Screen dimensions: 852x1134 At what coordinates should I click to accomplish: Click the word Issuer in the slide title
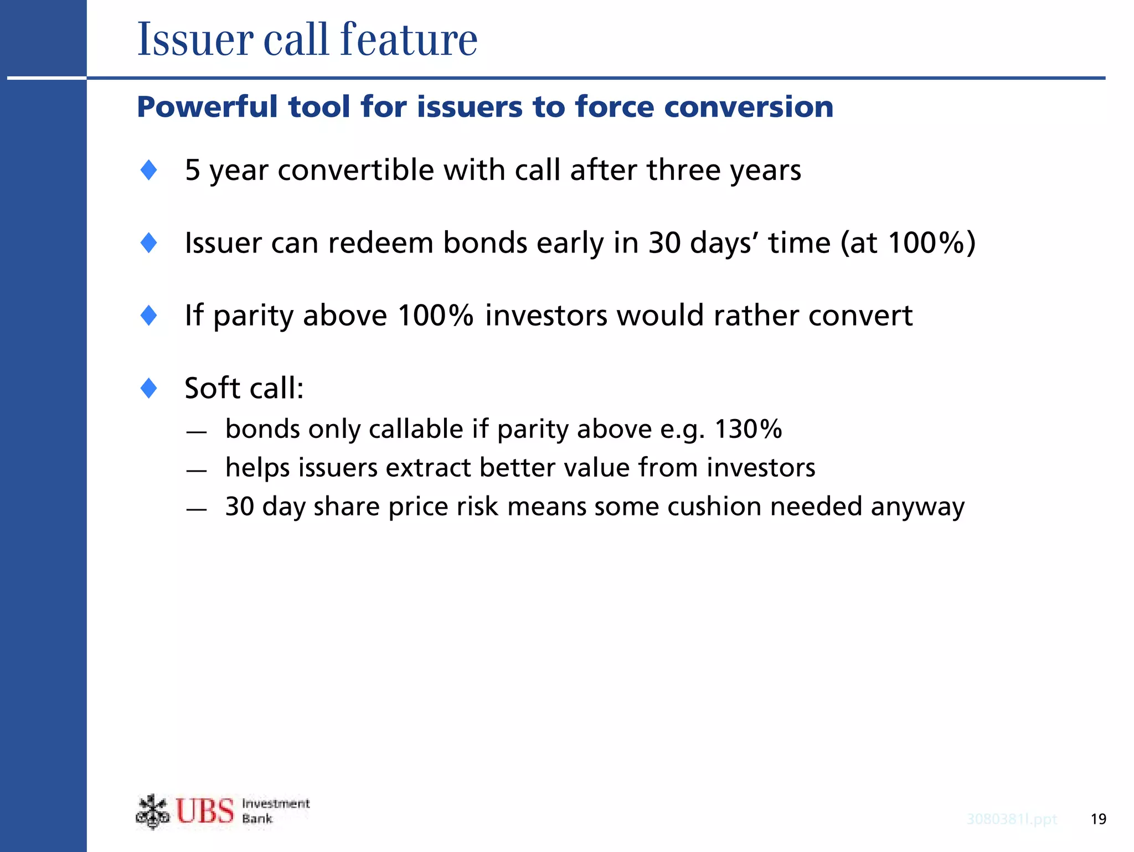[x=195, y=40]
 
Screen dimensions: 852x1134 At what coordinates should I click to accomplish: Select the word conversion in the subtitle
[x=749, y=107]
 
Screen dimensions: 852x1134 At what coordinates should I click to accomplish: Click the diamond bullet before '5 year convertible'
[x=149, y=170]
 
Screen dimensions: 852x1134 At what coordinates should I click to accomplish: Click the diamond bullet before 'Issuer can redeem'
[x=149, y=242]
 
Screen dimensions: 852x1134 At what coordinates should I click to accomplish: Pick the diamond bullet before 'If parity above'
[x=149, y=316]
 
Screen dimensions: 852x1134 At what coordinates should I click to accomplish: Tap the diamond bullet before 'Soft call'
[x=149, y=388]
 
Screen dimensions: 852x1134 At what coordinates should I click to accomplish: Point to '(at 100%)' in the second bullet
[x=908, y=242]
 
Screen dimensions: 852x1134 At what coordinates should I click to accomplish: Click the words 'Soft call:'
[x=244, y=388]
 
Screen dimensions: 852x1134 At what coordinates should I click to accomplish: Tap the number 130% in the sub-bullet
[x=749, y=429]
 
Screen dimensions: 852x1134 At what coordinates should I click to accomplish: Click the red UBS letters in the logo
[x=205, y=811]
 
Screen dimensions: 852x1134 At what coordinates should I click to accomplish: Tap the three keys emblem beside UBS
[x=152, y=812]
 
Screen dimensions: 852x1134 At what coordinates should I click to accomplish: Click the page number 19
[x=1098, y=819]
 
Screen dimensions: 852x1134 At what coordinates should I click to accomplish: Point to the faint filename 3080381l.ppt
[x=1012, y=819]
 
